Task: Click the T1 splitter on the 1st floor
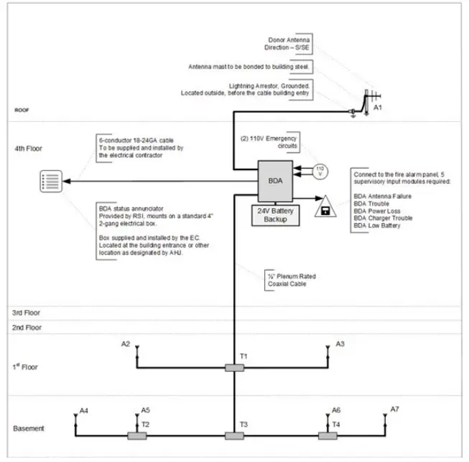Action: coord(235,368)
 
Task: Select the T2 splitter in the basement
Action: coord(136,435)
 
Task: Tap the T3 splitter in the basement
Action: coord(235,435)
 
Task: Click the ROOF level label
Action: coord(22,111)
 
